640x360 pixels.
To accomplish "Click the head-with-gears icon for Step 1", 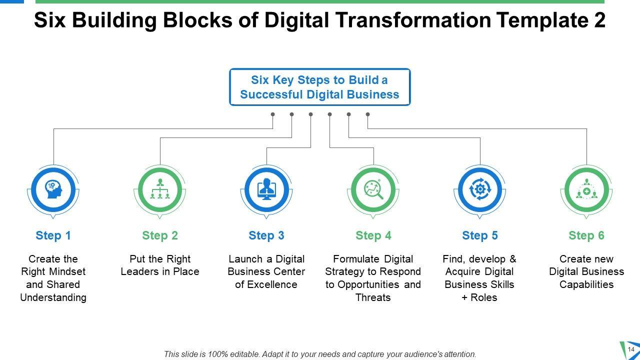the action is (53, 189).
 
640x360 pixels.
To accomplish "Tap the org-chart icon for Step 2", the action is (160, 189).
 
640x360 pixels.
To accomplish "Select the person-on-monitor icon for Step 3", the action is (266, 189).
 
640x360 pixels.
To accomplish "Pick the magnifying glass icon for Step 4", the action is (373, 189).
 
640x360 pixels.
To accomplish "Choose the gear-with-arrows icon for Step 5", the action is (480, 189).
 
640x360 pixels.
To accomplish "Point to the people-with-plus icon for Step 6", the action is (586, 189).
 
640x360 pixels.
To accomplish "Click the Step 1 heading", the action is (53, 235).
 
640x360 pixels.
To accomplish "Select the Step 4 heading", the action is (373, 235).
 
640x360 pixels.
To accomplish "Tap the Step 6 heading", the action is (586, 235).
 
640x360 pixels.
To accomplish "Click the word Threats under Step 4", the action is (373, 297).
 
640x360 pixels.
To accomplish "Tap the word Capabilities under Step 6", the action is (586, 284).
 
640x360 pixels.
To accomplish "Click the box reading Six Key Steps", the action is (320, 87).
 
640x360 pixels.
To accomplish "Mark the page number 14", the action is (630, 349).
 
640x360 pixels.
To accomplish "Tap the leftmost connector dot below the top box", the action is (273, 114).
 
